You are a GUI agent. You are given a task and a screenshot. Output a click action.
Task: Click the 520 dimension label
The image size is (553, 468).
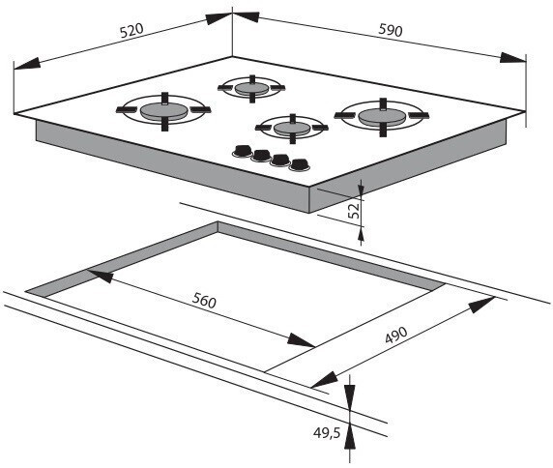[x=131, y=30]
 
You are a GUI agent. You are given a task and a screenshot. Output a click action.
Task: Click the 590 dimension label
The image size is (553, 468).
[x=391, y=30]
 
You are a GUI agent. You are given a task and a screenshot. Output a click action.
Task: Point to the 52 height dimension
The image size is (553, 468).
[x=355, y=210]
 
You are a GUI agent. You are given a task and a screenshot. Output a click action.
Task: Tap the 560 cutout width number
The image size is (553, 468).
[x=204, y=301]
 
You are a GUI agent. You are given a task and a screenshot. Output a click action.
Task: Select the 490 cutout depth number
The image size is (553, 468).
[x=396, y=335]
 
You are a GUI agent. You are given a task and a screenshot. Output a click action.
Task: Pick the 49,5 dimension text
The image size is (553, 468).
[x=327, y=433]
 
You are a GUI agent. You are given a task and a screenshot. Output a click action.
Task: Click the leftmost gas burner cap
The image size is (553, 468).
[x=163, y=111]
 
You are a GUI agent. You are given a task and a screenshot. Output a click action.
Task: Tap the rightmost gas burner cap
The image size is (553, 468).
[x=383, y=116]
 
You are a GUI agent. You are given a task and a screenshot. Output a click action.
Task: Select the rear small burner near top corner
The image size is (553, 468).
[x=251, y=88]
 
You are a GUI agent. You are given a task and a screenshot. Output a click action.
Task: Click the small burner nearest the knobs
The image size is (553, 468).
[x=292, y=129]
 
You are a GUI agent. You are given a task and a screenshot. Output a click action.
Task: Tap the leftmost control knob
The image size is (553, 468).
[x=243, y=151]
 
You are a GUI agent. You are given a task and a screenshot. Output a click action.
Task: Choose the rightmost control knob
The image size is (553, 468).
[x=300, y=165]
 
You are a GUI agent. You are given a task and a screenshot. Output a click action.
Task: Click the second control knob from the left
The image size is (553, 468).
[x=261, y=156]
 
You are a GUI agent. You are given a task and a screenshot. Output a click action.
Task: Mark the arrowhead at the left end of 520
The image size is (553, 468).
[x=27, y=64]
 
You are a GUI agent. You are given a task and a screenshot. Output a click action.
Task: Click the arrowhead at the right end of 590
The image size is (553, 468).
[x=513, y=58]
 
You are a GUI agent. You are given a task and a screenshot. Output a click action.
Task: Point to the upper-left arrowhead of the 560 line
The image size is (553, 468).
[x=100, y=276]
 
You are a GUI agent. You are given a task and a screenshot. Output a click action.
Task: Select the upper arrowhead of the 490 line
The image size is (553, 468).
[x=481, y=305]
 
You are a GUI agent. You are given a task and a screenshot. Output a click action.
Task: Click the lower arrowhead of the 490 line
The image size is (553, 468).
[x=324, y=380]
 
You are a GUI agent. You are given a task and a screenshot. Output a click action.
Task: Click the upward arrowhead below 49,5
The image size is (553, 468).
[x=350, y=435]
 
